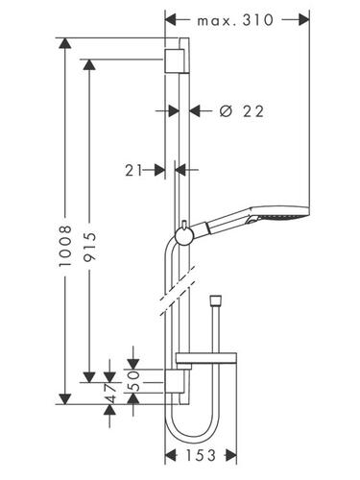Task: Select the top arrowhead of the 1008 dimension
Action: pos(65,43)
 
